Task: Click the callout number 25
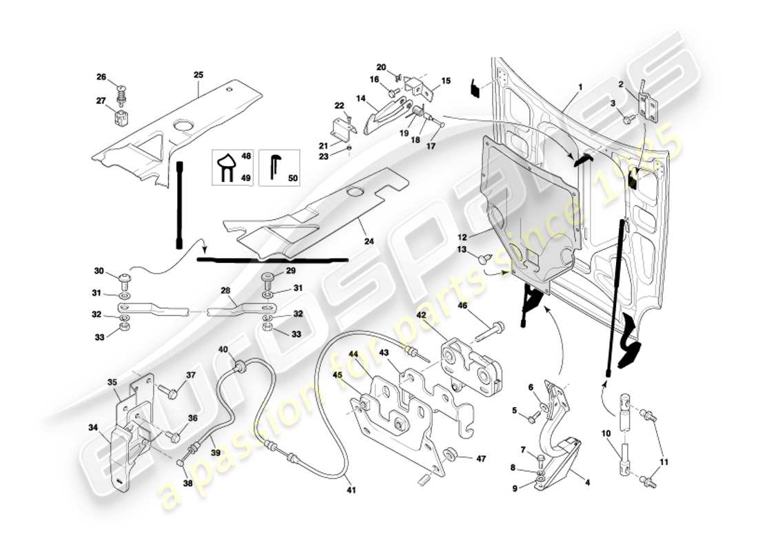point(198,74)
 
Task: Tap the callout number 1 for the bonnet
point(580,87)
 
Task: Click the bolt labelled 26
point(121,88)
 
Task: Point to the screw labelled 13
point(482,260)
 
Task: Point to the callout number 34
point(92,428)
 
